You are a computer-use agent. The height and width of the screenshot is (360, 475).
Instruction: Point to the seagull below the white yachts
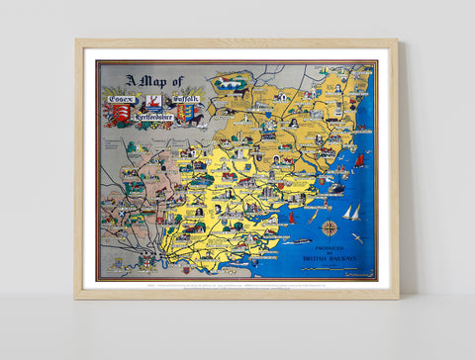(x=356, y=237)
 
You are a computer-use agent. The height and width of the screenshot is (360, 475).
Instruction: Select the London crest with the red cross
(x=146, y=261)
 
